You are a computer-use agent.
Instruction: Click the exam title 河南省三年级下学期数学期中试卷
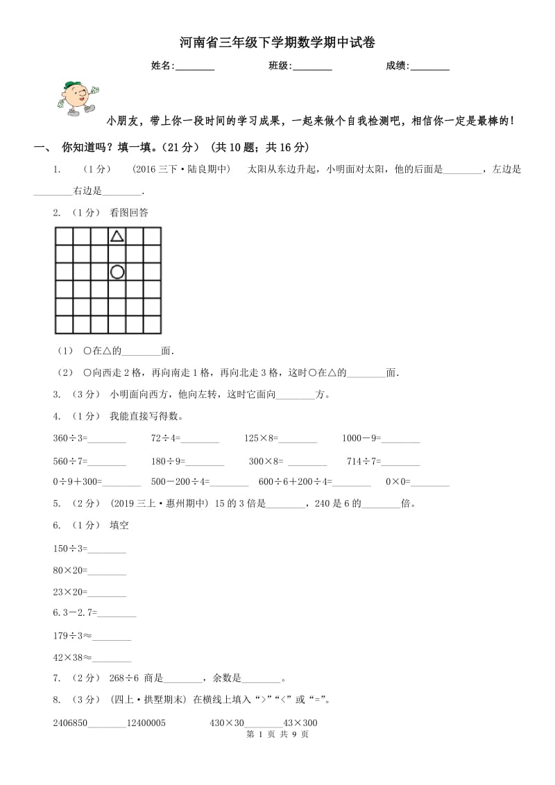click(277, 42)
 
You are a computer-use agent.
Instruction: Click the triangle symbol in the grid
click(117, 236)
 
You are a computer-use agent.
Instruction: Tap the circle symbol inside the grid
click(117, 272)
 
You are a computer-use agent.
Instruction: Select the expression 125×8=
click(261, 438)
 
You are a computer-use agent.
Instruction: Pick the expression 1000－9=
click(361, 438)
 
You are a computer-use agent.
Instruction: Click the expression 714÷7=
click(364, 460)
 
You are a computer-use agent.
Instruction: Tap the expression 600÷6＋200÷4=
click(295, 482)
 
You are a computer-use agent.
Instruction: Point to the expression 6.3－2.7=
click(75, 613)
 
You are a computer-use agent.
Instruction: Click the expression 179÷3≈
click(72, 635)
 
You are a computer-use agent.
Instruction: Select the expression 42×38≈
click(72, 657)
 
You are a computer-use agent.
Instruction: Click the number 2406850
click(70, 723)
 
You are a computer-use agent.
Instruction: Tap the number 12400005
click(146, 723)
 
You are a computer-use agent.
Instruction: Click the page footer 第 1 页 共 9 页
click(277, 734)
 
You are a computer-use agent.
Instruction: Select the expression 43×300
click(301, 723)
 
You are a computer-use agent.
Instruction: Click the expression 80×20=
click(70, 570)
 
